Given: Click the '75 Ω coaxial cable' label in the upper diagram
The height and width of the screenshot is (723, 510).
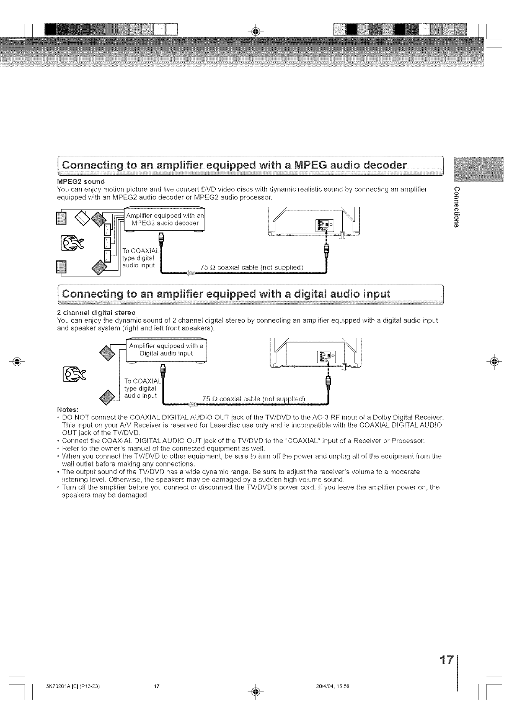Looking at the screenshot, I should (x=252, y=266).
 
